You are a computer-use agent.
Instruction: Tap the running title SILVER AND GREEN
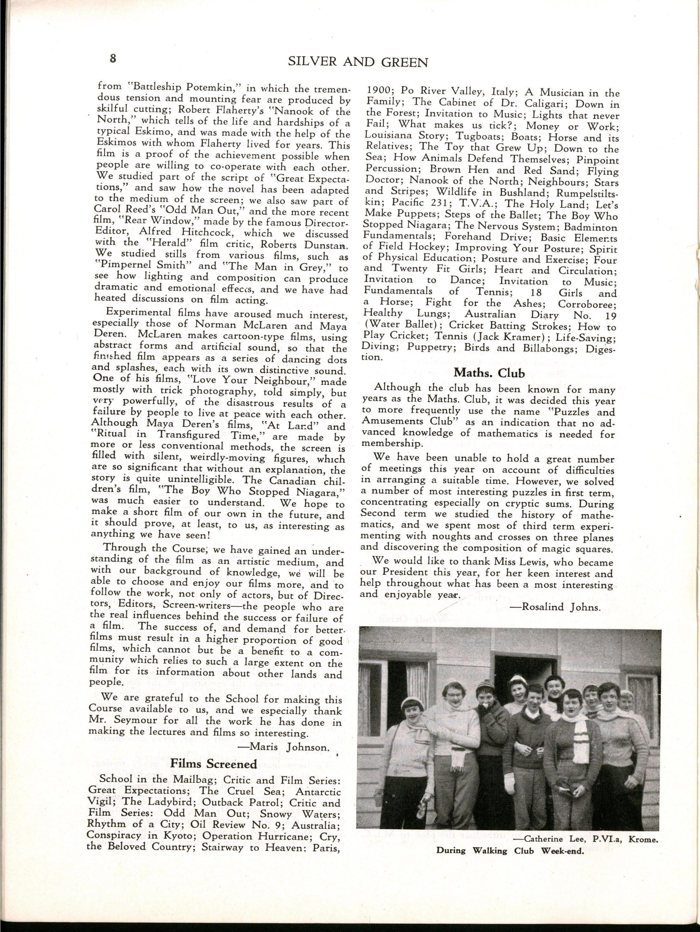(358, 62)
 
